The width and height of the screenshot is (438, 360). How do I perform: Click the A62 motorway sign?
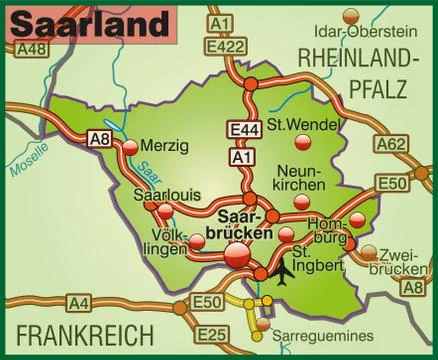click(x=393, y=145)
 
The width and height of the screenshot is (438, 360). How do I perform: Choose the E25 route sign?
click(x=210, y=334)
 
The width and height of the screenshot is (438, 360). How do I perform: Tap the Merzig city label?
click(x=165, y=146)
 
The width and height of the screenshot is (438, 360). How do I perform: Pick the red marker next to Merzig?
click(x=131, y=148)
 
